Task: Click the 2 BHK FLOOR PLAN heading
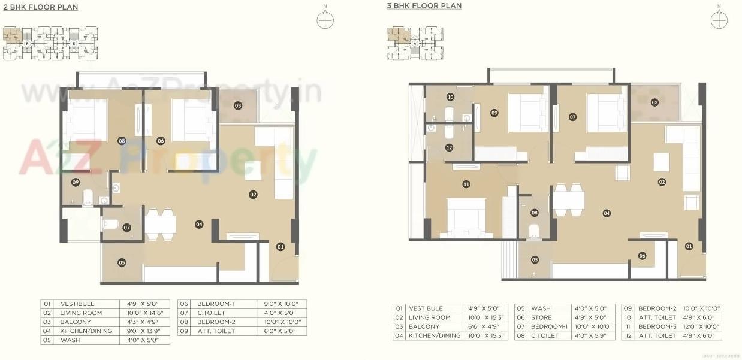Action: (x=40, y=7)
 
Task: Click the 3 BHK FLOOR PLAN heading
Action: (x=424, y=6)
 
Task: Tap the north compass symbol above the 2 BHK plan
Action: (x=325, y=19)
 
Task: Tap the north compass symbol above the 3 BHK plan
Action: (x=719, y=19)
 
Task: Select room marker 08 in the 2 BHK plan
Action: (x=122, y=141)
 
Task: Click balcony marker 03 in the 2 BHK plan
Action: (x=238, y=106)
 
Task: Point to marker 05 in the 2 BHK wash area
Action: (x=122, y=262)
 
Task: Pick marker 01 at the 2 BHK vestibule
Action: (x=280, y=246)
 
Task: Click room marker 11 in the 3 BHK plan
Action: (x=466, y=184)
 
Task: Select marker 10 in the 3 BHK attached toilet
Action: (x=450, y=96)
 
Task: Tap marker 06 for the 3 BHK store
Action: (x=642, y=256)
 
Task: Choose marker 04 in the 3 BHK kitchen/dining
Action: (x=607, y=213)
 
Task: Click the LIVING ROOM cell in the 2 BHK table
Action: (x=81, y=313)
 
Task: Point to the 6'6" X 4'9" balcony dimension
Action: (x=483, y=326)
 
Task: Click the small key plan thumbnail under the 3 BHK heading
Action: (x=414, y=43)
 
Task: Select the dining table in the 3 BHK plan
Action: (x=568, y=199)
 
